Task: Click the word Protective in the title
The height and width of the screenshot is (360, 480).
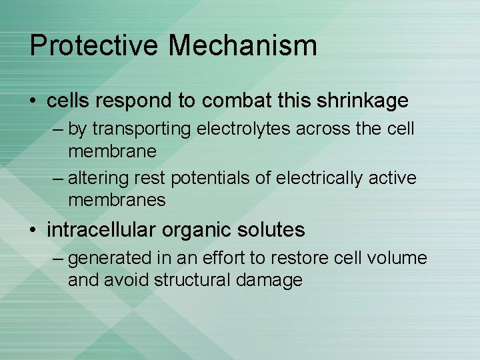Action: click(x=94, y=46)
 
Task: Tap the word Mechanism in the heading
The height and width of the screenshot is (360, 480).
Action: click(x=243, y=46)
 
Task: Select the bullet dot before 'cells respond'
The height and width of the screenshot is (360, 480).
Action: click(x=34, y=101)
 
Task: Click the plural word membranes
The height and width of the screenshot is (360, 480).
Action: click(x=117, y=200)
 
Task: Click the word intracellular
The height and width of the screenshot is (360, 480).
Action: click(x=102, y=231)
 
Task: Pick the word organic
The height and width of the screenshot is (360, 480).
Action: click(x=199, y=231)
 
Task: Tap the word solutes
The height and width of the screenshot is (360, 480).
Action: click(x=273, y=231)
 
